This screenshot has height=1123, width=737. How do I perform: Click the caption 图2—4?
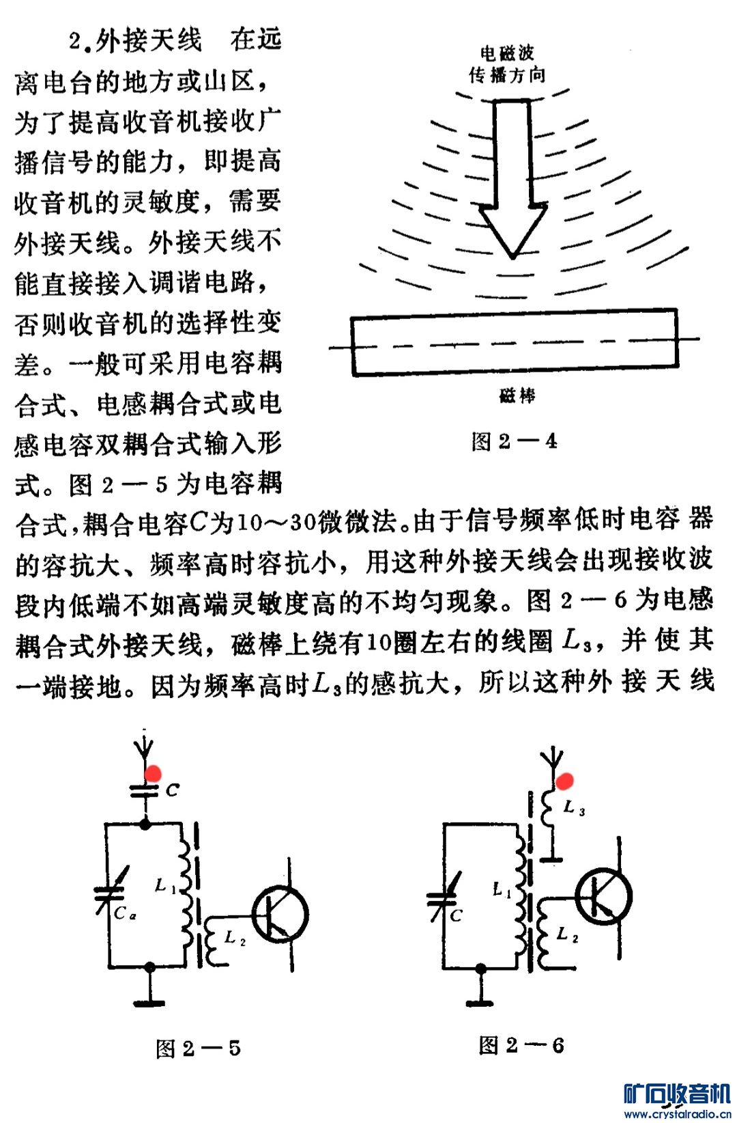tap(514, 441)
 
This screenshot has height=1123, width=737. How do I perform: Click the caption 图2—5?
tap(198, 1048)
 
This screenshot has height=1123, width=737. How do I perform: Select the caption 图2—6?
tap(521, 1044)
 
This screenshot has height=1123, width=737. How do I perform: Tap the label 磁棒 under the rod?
tap(517, 396)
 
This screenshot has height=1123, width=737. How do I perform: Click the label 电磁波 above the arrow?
tap(507, 53)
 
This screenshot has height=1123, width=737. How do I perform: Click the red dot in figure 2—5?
tap(153, 773)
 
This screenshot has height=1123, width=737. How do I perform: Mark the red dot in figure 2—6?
tap(564, 781)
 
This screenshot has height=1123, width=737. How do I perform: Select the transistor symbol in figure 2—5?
tap(280, 913)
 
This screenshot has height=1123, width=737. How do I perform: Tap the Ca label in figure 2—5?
tap(124, 913)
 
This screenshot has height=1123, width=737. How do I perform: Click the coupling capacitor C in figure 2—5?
tap(145, 791)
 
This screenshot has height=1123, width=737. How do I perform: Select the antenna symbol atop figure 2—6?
tap(551, 759)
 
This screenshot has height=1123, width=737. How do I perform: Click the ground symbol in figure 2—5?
tap(149, 1001)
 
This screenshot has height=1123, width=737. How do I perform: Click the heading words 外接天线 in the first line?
tap(148, 40)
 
